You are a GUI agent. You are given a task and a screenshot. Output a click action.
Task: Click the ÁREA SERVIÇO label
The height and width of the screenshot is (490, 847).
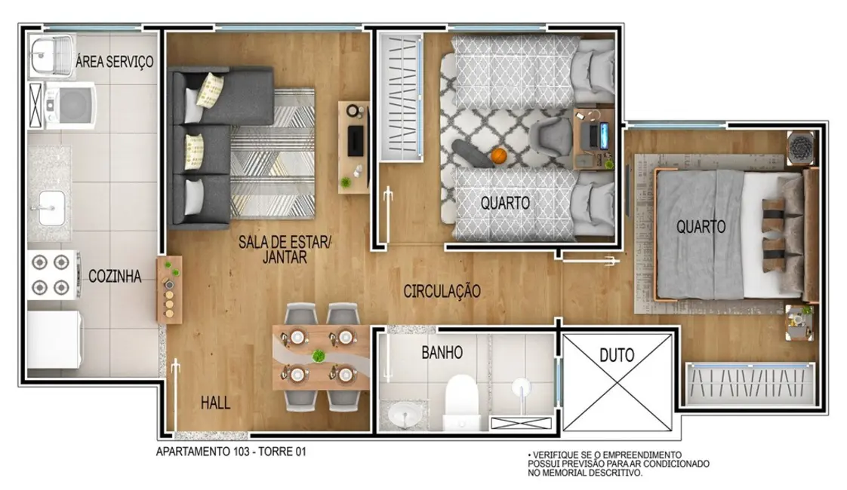tap(115, 62)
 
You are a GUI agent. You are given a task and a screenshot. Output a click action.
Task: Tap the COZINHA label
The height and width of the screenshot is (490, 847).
tap(115, 277)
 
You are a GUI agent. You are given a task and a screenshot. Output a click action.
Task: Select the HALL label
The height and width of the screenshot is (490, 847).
tap(215, 403)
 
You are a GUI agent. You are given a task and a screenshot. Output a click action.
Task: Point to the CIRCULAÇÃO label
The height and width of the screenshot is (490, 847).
tap(442, 291)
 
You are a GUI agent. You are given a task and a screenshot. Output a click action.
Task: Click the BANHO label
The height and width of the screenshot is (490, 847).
tap(442, 352)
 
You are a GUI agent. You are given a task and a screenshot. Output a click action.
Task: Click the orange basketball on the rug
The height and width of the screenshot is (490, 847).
tap(497, 155)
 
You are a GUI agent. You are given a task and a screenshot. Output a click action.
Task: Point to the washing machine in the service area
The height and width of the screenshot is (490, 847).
tap(69, 105)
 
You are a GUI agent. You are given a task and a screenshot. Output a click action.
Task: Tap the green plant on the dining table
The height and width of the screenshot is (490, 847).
tap(320, 356)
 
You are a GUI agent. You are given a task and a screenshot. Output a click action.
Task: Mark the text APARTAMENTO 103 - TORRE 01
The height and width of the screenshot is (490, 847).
tap(230, 452)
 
